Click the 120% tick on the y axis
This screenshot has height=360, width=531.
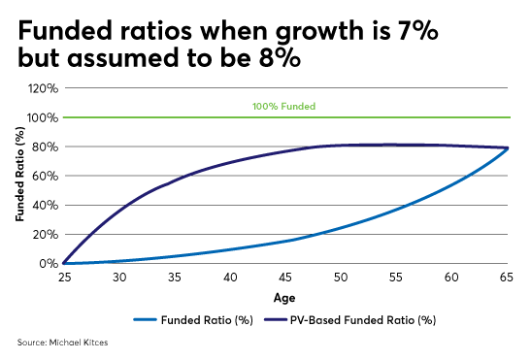[x=45, y=88]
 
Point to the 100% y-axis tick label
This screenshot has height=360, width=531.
[x=45, y=117]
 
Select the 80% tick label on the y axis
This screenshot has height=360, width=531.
[x=47, y=147]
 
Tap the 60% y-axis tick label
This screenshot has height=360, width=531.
[x=47, y=176]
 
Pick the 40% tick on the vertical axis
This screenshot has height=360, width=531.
[x=47, y=205]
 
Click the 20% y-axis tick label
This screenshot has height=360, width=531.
[x=47, y=234]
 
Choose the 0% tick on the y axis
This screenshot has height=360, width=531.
[x=50, y=263]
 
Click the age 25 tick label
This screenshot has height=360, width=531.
[x=64, y=278]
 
